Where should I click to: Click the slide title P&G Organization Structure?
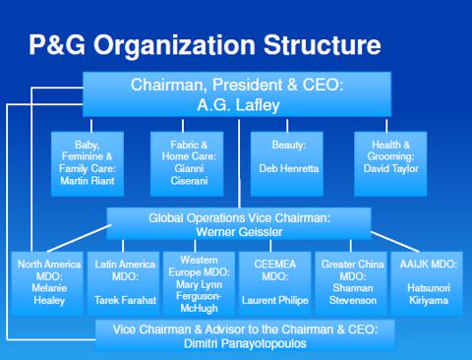(x=205, y=45)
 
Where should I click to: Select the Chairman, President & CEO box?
(x=237, y=94)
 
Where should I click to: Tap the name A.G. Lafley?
(x=237, y=104)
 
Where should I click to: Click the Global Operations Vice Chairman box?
(x=239, y=223)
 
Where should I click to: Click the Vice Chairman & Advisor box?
(x=245, y=334)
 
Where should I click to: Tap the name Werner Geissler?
(x=239, y=231)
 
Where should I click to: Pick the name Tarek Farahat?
(x=123, y=299)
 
